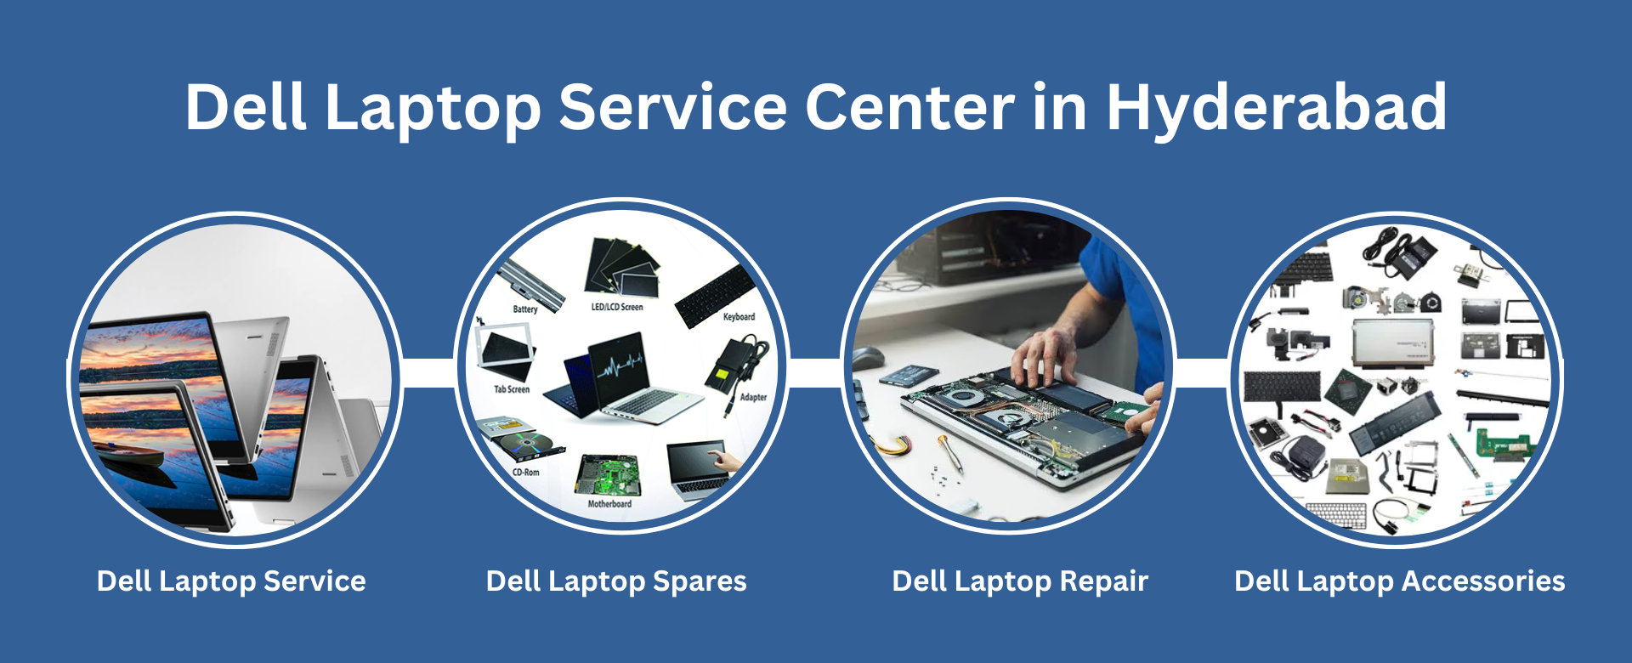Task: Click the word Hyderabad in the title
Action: coord(1276,108)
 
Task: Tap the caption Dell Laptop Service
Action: coord(231,581)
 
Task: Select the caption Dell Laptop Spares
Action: coord(616,581)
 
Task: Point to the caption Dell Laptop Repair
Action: coord(1020,581)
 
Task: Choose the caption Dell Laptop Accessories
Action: coord(1399,581)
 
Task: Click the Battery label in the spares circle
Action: coord(525,309)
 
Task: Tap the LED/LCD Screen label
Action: coord(617,307)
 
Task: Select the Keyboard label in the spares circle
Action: coord(739,317)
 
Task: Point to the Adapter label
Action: coord(753,397)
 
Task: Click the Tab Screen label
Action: coord(512,389)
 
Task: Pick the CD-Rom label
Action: coord(525,472)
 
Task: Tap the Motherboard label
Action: coord(609,504)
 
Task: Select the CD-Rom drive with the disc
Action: coord(521,438)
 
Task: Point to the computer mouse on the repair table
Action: coord(868,359)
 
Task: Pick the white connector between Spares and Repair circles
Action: coord(815,373)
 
